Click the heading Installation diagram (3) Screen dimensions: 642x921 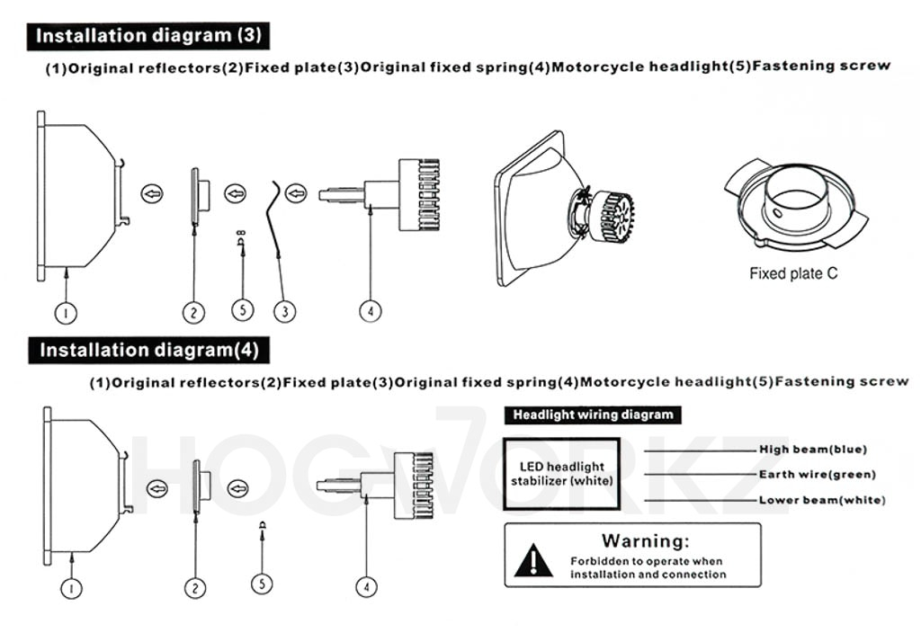coord(148,36)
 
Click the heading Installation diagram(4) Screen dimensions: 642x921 coord(148,350)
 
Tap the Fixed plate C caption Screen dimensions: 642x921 coord(793,273)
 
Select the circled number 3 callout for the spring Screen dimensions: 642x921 coord(284,311)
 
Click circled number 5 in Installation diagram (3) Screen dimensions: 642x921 coord(242,310)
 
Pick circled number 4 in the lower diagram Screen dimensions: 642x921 coord(365,586)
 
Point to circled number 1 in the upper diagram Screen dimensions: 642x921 coord(67,313)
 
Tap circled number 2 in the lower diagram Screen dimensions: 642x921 coord(195,588)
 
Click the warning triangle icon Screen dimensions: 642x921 coord(534,560)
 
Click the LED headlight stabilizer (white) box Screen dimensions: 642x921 coord(562,473)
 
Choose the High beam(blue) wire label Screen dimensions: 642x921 coord(813,450)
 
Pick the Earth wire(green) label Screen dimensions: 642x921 coord(817,475)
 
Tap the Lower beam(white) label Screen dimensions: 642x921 coord(821,500)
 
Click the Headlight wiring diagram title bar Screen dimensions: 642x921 coord(593,415)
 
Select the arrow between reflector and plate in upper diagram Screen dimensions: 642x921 coord(153,192)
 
